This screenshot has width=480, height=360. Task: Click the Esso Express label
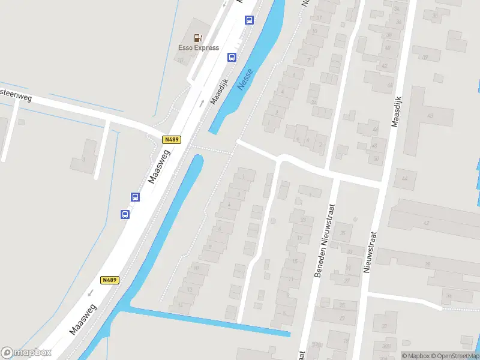click(x=199, y=48)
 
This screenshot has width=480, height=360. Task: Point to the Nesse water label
click(x=245, y=79)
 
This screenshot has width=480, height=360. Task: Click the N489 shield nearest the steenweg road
click(x=171, y=140)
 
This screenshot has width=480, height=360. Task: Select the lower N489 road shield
click(x=109, y=280)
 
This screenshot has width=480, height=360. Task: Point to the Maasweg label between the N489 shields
click(x=159, y=166)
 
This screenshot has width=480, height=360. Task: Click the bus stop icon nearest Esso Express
click(x=232, y=58)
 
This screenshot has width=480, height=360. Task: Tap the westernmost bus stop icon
click(x=125, y=214)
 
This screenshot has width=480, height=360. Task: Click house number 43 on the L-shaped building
click(x=430, y=115)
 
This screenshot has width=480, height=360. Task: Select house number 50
click(x=376, y=158)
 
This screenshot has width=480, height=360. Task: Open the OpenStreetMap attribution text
click(x=456, y=356)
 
